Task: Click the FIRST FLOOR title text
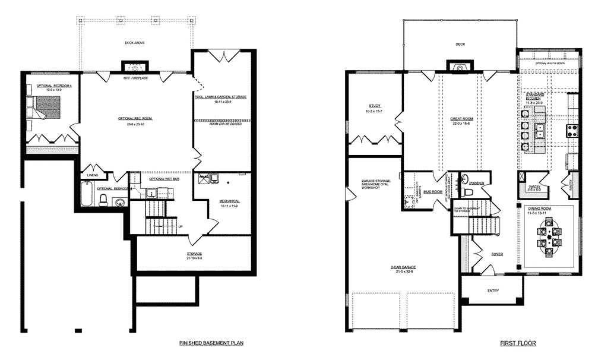pyautogui.click(x=518, y=343)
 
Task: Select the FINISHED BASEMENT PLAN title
pyautogui.click(x=211, y=343)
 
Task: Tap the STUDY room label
pyautogui.click(x=374, y=107)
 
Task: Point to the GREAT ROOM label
pyautogui.click(x=461, y=119)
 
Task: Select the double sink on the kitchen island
pyautogui.click(x=540, y=131)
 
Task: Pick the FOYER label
pyautogui.click(x=497, y=254)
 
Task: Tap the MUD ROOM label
pyautogui.click(x=433, y=192)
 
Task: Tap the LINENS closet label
pyautogui.click(x=92, y=175)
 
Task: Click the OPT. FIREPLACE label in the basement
pyautogui.click(x=135, y=78)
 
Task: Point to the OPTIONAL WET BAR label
pyautogui.click(x=164, y=179)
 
